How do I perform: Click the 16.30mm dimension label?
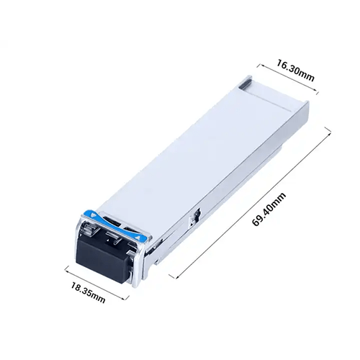point(296,71)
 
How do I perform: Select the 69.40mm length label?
point(269,209)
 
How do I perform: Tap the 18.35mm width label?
point(88,292)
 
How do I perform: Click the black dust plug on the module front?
point(103,260)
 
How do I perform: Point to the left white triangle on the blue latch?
point(94,215)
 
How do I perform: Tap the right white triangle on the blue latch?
point(138,238)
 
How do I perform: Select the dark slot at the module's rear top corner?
point(246,84)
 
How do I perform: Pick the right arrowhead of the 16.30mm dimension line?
point(316,91)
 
